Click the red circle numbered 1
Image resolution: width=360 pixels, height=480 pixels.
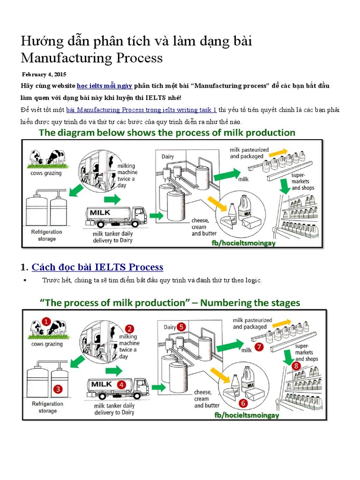coord(45,322)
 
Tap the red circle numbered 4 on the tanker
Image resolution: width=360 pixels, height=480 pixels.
coord(121,384)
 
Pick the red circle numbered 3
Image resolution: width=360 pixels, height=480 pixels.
coord(58,389)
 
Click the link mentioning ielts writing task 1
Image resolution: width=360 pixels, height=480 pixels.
coord(141,110)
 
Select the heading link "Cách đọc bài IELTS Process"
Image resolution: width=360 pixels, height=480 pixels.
coord(97,267)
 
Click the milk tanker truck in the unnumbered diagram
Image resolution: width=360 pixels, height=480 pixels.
coord(116,215)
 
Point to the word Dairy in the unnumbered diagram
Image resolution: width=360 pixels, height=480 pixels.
coord(168,156)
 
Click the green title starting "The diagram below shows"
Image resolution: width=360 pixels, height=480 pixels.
coord(167,133)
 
